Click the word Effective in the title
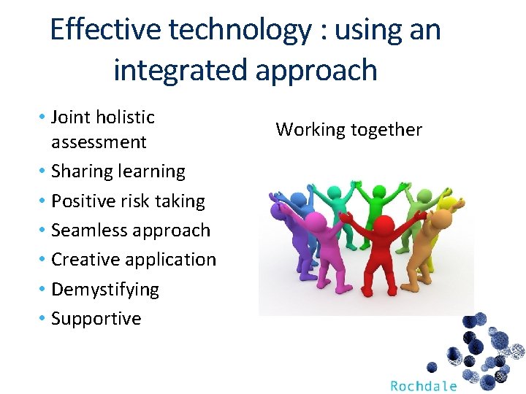click(x=106, y=29)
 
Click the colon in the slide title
click(x=324, y=33)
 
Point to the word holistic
click(x=125, y=117)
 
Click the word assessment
click(x=99, y=142)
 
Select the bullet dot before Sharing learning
click(x=42, y=171)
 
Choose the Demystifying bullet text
click(x=105, y=290)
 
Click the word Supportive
click(x=96, y=319)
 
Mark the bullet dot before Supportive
click(x=42, y=317)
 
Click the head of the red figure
click(x=384, y=224)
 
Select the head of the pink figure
click(x=316, y=222)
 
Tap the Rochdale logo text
click(x=424, y=386)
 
